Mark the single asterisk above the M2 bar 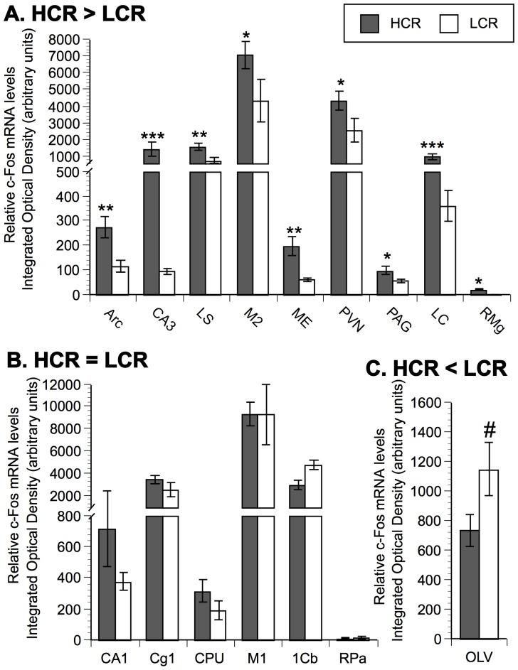click(245, 35)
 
